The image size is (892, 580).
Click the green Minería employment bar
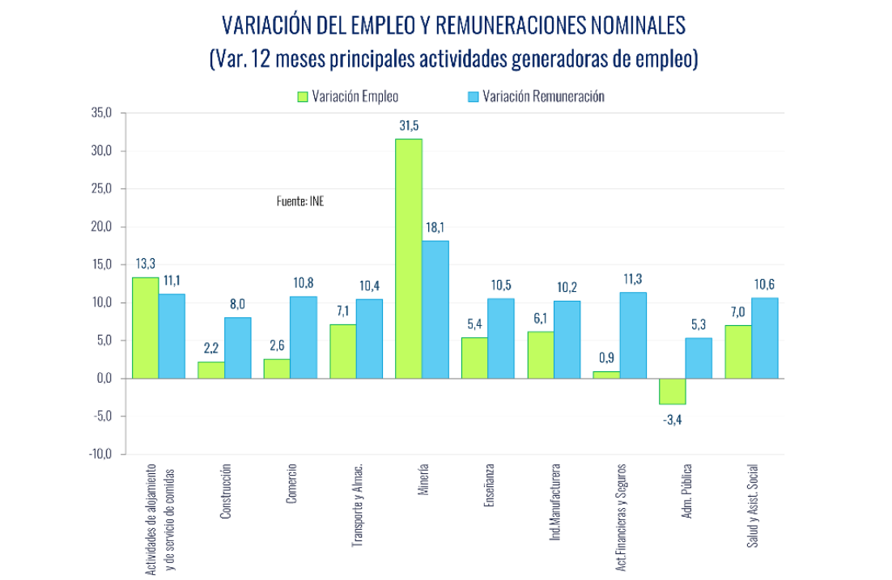[408, 259]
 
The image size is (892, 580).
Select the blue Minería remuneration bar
[435, 309]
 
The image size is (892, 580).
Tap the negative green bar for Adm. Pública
[672, 392]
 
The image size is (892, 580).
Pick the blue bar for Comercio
[303, 337]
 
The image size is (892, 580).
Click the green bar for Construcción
[210, 370]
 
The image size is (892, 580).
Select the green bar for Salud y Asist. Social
[737, 352]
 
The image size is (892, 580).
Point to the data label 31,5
[409, 126]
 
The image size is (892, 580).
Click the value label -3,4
[673, 419]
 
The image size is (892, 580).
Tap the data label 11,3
[632, 279]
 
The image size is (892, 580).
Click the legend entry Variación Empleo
[347, 96]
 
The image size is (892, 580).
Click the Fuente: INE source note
[299, 201]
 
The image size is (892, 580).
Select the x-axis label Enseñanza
[489, 485]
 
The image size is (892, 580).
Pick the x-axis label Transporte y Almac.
[357, 506]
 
